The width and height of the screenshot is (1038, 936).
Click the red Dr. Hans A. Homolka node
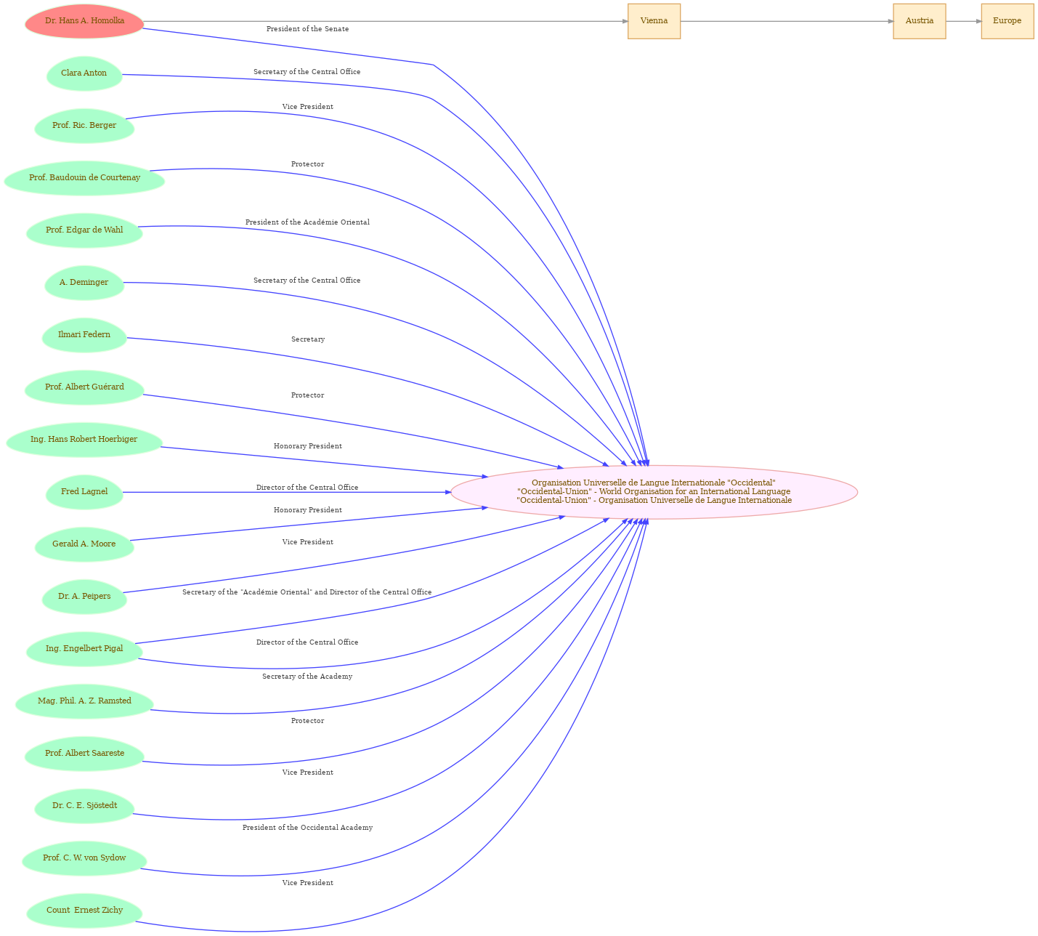pos(84,21)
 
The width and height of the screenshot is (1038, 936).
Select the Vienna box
pos(654,21)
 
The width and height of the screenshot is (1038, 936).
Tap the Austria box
pos(919,21)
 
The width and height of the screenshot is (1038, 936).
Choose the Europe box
pos(1007,21)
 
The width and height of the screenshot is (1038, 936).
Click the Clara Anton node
pos(84,73)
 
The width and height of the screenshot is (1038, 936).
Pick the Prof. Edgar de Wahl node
pos(84,230)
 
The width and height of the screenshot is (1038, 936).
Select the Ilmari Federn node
pos(84,335)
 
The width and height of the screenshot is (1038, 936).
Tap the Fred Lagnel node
pos(84,492)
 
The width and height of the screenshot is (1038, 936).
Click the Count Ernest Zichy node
pos(84,911)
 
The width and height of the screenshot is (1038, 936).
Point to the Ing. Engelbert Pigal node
pos(84,649)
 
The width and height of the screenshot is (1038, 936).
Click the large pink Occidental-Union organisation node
pos(654,492)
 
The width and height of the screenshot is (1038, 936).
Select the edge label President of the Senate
pos(307,29)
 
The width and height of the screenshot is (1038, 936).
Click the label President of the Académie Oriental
pos(307,222)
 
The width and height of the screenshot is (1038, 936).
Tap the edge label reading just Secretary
pos(308,339)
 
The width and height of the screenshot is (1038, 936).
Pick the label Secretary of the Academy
pos(307,676)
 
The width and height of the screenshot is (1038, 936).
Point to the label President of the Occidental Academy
pos(307,827)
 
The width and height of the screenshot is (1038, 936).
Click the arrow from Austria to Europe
pos(963,21)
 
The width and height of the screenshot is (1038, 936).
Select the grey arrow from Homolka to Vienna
pos(386,21)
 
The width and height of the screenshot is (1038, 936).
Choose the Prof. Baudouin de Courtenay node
pos(84,178)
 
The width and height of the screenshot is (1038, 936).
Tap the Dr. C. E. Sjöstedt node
pos(84,806)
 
